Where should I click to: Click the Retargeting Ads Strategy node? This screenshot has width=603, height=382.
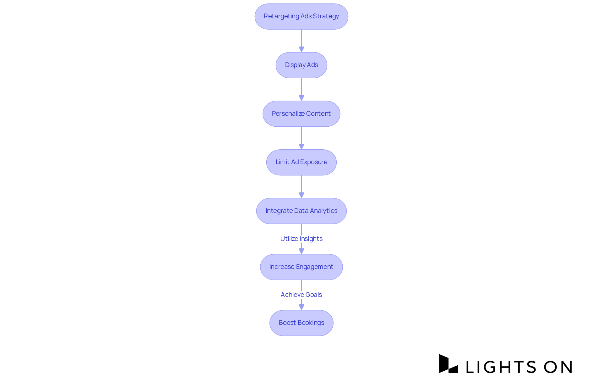coord(301,16)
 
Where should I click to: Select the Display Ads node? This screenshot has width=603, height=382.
coord(301,65)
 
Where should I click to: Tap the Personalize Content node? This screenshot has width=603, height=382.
coord(301,114)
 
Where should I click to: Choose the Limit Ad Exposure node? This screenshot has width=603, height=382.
coord(301,162)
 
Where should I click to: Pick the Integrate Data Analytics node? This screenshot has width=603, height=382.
coord(301,211)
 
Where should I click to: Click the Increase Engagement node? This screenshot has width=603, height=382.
coord(301,267)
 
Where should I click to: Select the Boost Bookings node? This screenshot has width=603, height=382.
coord(301,323)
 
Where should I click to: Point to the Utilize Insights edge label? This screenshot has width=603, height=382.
coord(301,239)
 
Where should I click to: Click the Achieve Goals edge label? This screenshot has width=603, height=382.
coord(301,295)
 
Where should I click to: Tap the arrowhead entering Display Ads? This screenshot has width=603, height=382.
coord(301,49)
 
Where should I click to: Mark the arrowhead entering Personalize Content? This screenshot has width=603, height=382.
coord(301,98)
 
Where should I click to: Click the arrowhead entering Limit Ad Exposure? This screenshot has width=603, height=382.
coord(301,147)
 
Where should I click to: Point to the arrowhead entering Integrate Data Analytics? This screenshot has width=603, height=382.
coord(301,195)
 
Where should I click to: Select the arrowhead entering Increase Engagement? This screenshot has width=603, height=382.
coord(301,251)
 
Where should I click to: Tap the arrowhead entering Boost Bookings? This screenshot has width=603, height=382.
coord(301,307)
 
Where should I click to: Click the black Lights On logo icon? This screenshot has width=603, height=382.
coord(448,364)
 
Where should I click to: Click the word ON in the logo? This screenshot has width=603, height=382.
coord(558,367)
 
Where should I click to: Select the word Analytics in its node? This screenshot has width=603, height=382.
coord(323,211)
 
